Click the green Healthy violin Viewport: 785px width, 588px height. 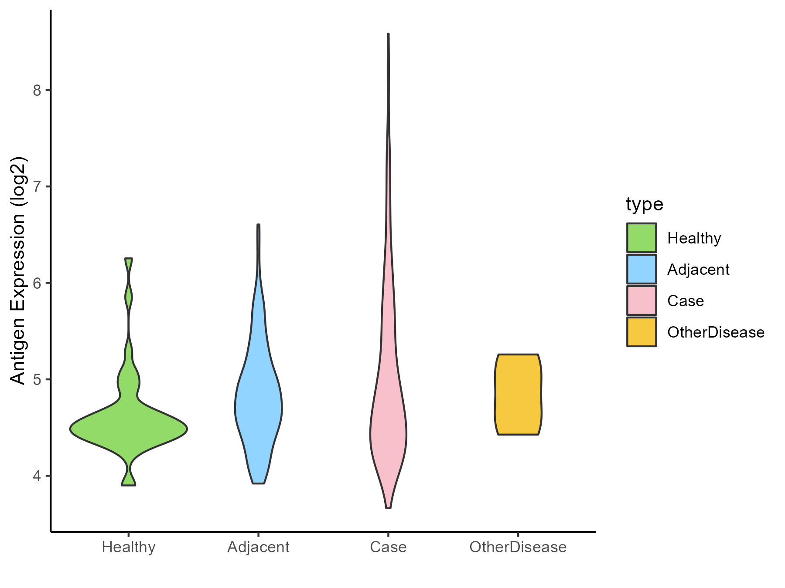pos(129,429)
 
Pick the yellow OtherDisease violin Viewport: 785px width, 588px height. pos(518,395)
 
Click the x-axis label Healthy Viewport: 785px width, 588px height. pos(129,547)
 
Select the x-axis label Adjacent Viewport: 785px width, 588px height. pos(259,547)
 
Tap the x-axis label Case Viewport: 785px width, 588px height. pos(388,547)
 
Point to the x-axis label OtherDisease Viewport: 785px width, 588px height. pos(518,547)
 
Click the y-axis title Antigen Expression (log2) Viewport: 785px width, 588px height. pos(18,270)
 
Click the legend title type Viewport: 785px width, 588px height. pos(644,204)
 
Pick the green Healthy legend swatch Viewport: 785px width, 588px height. pos(642,238)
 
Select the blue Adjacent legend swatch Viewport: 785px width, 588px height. pos(642,269)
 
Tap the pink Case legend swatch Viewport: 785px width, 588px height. pos(642,301)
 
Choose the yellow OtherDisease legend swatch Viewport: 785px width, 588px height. pos(642,332)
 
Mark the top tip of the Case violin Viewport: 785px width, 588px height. pos(388,34)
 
